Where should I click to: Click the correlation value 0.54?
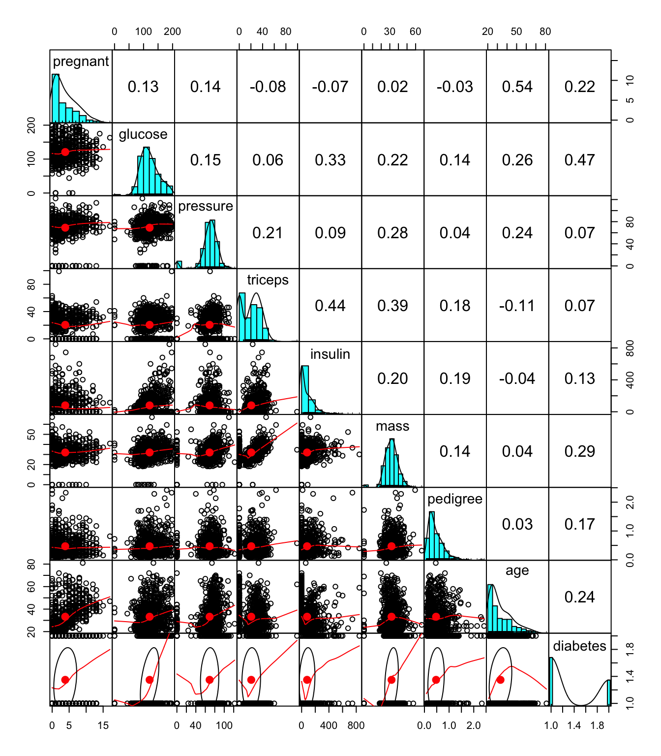pyautogui.click(x=517, y=87)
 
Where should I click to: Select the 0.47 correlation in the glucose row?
pyautogui.click(x=579, y=160)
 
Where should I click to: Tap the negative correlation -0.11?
pyautogui.click(x=517, y=306)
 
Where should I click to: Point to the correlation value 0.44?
pyautogui.click(x=330, y=306)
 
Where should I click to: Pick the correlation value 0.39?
pyautogui.click(x=392, y=306)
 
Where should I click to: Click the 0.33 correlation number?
pyautogui.click(x=330, y=160)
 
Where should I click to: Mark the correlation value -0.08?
pyautogui.click(x=268, y=87)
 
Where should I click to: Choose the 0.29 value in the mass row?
pyautogui.click(x=579, y=451)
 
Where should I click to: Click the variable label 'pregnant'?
pyautogui.click(x=81, y=62)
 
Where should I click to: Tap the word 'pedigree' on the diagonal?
pyautogui.click(x=455, y=499)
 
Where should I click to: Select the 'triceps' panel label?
pyautogui.click(x=268, y=280)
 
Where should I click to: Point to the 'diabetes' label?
pyautogui.click(x=579, y=646)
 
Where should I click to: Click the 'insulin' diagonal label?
pyautogui.click(x=330, y=354)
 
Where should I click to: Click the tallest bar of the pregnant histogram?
pyautogui.click(x=56, y=98)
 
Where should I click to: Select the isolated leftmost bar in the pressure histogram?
pyautogui.click(x=179, y=265)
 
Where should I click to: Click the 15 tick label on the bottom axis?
pyautogui.click(x=103, y=725)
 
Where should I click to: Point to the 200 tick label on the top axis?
pyautogui.click(x=172, y=32)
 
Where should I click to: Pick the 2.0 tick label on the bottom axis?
pyautogui.click(x=473, y=725)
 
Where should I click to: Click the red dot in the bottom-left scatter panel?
pyautogui.click(x=65, y=680)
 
